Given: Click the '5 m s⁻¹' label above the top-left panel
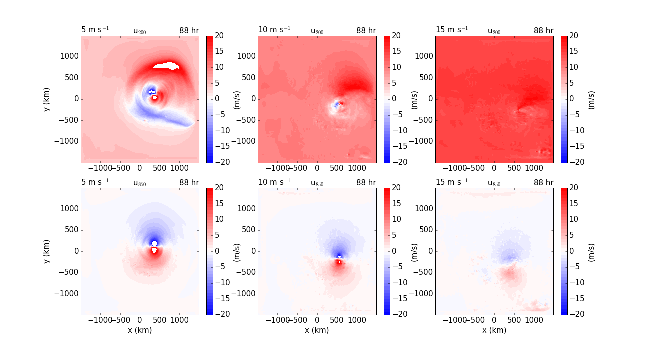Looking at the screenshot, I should (x=95, y=30).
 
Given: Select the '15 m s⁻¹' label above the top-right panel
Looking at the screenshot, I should (x=452, y=30).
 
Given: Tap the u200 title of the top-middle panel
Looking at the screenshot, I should (x=317, y=31).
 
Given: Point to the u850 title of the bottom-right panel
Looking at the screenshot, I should (x=494, y=183).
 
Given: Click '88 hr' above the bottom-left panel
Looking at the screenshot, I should (x=189, y=183).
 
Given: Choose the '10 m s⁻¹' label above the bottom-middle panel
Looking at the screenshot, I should (x=274, y=182).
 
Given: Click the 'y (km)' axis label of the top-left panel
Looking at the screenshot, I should (x=47, y=99).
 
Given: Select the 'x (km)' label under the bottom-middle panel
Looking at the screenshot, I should (x=317, y=330).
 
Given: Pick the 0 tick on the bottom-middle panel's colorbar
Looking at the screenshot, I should (x=394, y=251).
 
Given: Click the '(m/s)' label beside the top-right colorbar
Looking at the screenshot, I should (x=591, y=99).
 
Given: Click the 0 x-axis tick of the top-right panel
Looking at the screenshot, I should (x=494, y=168).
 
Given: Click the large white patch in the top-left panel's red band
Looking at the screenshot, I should (x=166, y=65).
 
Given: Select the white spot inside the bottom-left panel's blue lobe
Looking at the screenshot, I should (x=154, y=243).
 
